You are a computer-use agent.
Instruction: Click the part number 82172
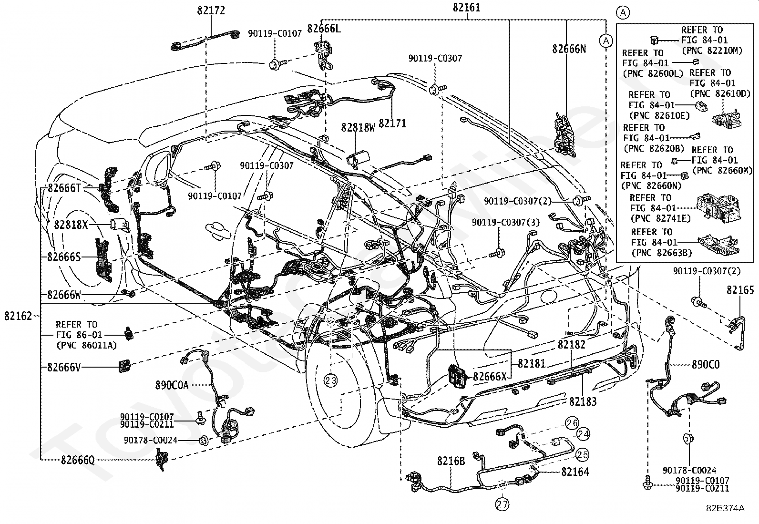click(x=211, y=10)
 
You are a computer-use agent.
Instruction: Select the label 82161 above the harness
click(x=466, y=8)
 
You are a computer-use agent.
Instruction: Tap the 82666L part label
click(x=324, y=29)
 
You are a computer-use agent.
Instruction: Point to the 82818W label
click(x=358, y=127)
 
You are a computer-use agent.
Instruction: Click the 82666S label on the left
click(x=64, y=257)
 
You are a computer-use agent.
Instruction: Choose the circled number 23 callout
click(x=331, y=380)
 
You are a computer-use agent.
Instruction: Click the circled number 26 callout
click(x=572, y=423)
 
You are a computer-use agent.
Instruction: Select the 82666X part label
click(x=490, y=376)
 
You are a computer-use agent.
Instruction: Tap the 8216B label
click(x=451, y=461)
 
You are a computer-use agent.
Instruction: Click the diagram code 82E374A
click(x=725, y=508)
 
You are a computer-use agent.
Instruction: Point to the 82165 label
click(x=740, y=290)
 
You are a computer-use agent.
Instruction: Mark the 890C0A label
click(x=172, y=385)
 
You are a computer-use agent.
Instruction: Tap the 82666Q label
click(x=78, y=460)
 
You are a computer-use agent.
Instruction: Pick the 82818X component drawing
click(x=119, y=225)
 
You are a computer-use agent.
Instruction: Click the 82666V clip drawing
click(x=124, y=366)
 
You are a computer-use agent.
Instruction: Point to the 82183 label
click(x=583, y=401)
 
